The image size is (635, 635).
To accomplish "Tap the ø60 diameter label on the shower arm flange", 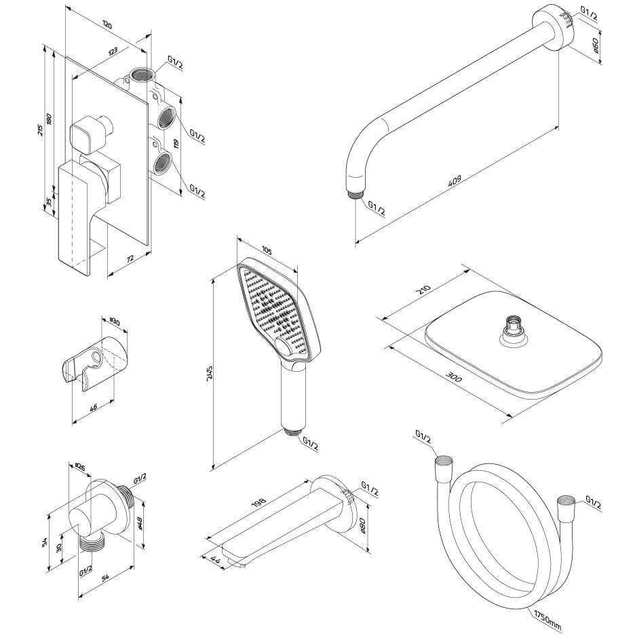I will pos(595,45).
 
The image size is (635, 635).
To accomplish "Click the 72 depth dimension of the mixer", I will pos(129,258).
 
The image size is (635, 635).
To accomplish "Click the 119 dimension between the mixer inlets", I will pos(176,143).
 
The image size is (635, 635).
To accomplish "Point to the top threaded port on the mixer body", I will pos(140,73).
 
